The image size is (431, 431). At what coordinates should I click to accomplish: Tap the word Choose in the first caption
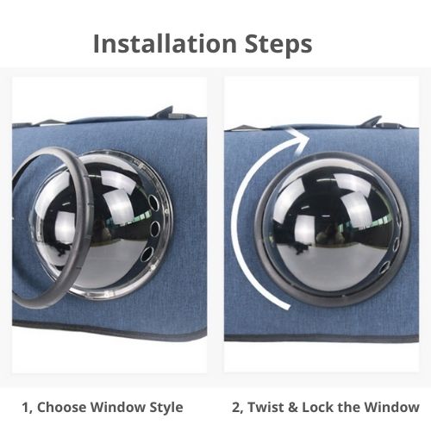[x=67, y=406]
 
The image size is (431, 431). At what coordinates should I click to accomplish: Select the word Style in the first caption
[x=166, y=406]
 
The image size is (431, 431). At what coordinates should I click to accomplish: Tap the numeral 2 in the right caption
[x=237, y=406]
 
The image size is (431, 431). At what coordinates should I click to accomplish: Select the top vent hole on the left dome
[x=155, y=204]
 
